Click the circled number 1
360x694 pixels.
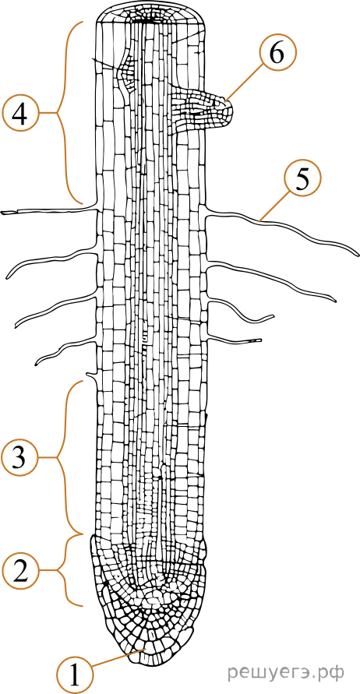pos(74,676)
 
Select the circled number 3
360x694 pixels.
pos(19,458)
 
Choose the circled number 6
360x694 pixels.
pos(277,54)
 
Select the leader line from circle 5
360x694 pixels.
pos(274,205)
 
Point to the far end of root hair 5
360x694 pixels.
pos(356,254)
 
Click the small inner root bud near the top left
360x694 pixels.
pos(125,73)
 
